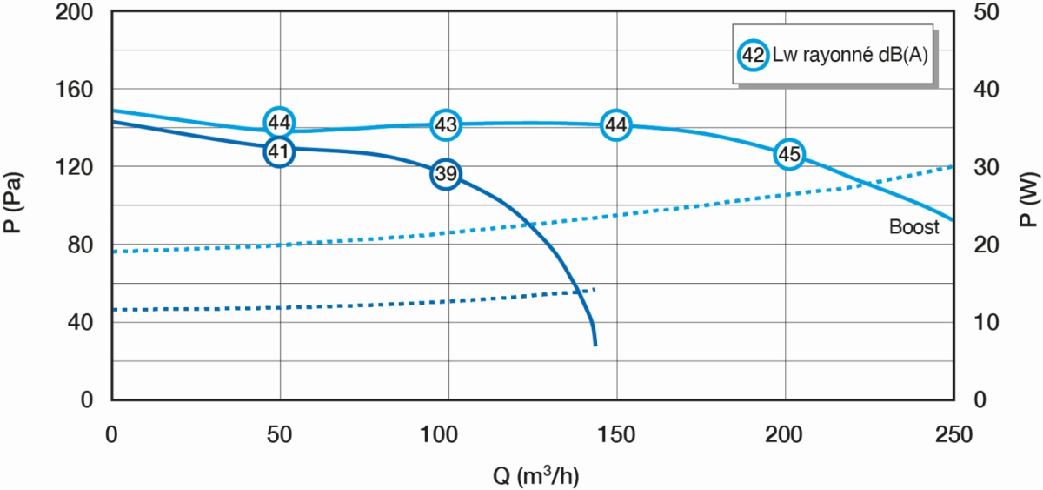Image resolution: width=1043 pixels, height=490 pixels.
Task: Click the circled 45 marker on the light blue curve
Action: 788,154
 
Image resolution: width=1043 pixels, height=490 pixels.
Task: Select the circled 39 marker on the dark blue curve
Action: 446,174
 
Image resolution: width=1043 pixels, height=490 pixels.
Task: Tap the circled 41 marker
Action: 278,151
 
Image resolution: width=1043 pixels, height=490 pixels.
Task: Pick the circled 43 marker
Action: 446,125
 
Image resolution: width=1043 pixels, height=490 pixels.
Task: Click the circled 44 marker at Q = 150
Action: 615,125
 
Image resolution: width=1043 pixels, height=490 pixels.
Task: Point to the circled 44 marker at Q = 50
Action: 278,122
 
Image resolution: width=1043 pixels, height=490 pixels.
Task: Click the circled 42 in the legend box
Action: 753,55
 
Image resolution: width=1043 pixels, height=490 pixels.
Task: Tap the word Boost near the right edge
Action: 913,228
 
